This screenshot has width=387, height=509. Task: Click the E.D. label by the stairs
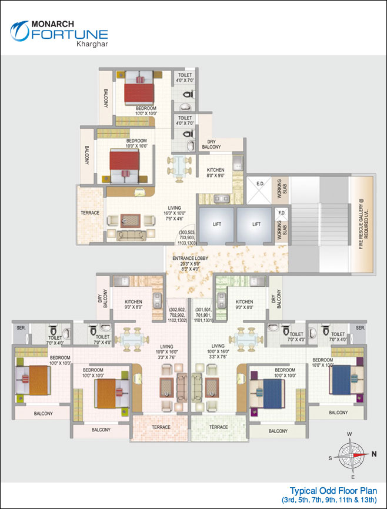coord(260,184)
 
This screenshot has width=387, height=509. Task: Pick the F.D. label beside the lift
coord(281,213)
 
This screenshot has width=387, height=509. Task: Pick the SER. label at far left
coord(20,327)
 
